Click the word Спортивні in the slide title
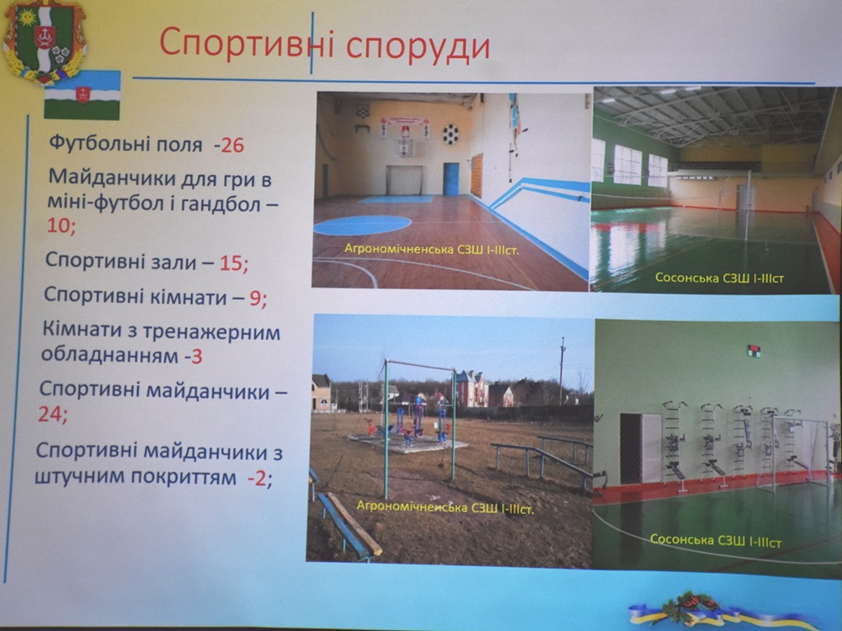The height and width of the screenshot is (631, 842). tap(247, 44)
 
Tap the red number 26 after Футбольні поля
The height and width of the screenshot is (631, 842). tap(232, 145)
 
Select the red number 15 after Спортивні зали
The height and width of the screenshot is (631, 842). tap(232, 262)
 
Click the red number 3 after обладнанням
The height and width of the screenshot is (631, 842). tap(196, 356)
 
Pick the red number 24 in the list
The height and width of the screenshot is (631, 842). tap(51, 414)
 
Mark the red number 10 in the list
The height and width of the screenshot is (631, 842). tap(59, 225)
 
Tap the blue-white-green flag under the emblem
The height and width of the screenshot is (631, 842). tap(83, 96)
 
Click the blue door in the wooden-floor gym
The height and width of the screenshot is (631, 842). tap(451, 178)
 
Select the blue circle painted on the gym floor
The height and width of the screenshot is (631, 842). tap(362, 225)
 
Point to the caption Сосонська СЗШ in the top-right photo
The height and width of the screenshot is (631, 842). tap(720, 278)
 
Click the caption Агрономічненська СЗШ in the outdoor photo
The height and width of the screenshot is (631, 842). tap(445, 506)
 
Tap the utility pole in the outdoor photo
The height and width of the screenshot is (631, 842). tap(561, 370)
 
